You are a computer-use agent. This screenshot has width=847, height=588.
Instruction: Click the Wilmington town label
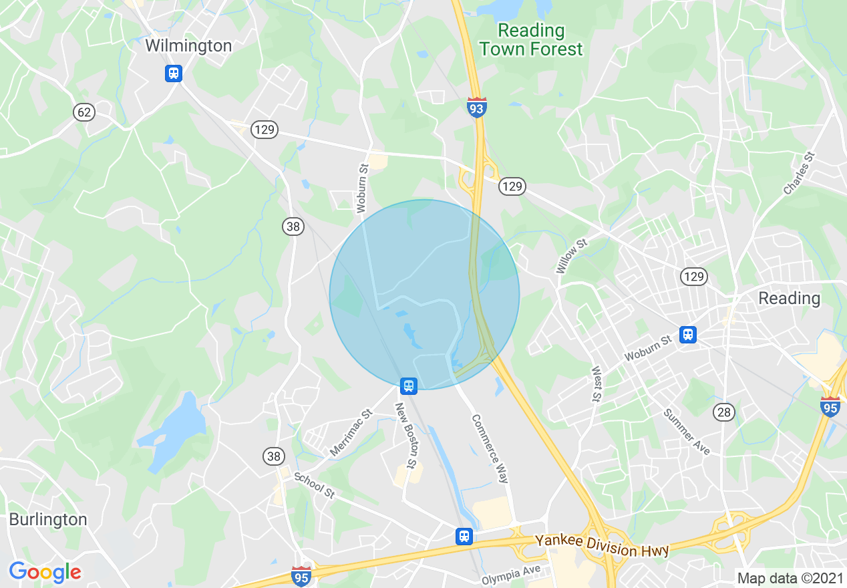[189, 46]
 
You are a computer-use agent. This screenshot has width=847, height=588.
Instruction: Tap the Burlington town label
[48, 520]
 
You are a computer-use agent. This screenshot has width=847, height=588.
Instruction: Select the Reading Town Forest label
[531, 40]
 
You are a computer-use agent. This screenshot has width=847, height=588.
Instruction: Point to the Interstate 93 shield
[477, 108]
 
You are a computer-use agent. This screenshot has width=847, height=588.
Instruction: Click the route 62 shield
[84, 112]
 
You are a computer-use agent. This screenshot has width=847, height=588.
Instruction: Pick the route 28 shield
[724, 412]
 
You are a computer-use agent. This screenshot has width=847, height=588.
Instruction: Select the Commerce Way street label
[490, 448]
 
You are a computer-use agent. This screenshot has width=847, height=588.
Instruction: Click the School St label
[314, 486]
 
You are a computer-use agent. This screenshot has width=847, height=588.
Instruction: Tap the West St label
[596, 384]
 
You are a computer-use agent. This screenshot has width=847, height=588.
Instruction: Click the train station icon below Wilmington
[174, 73]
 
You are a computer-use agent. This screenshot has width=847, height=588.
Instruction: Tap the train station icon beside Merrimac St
[409, 386]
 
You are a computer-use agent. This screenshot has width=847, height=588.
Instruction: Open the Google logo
[45, 572]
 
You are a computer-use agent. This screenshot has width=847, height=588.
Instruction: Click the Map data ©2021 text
[788, 578]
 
